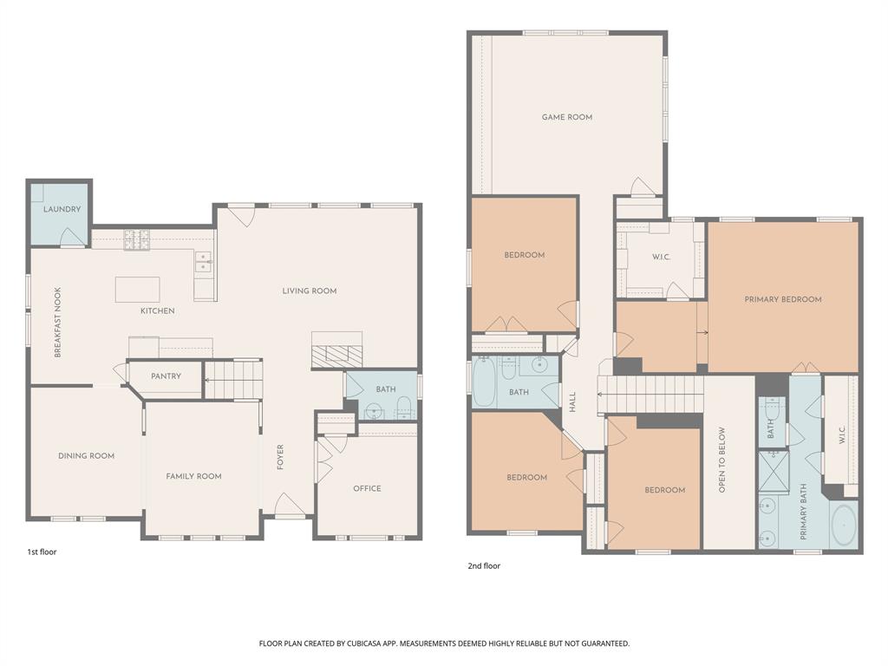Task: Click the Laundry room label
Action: [62, 209]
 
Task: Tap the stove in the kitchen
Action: [136, 239]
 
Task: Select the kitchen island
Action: [138, 289]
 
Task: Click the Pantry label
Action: [166, 376]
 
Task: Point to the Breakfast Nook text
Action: [58, 323]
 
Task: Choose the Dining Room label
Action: [86, 455]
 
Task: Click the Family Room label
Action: [193, 476]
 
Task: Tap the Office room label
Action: [367, 488]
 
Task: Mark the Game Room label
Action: [567, 117]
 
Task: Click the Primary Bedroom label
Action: [782, 299]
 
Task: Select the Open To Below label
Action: [721, 461]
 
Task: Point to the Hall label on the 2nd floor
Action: [572, 402]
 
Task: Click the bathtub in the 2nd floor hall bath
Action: [485, 382]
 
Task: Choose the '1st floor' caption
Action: [42, 552]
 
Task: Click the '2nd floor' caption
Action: [484, 566]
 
